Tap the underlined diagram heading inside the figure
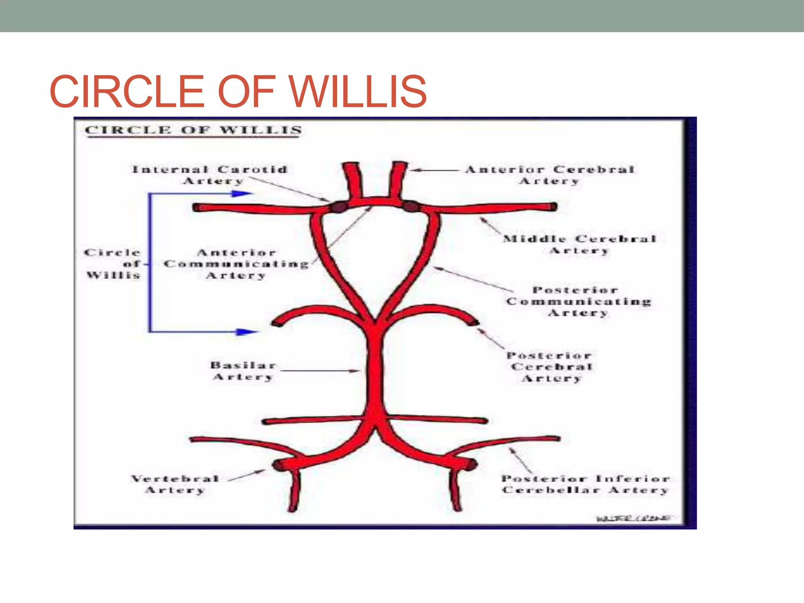(x=194, y=130)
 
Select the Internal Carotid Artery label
(x=210, y=175)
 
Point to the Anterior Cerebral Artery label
(x=550, y=175)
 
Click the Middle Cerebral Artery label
(x=579, y=244)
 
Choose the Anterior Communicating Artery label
(x=236, y=264)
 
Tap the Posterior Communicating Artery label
(x=578, y=301)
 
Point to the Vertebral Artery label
(x=175, y=484)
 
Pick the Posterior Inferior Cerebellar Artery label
(x=585, y=484)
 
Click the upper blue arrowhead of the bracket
(x=242, y=194)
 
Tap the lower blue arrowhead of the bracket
(x=247, y=332)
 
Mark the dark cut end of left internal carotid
(x=338, y=206)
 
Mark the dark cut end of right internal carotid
(x=411, y=206)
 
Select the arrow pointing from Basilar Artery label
(x=320, y=371)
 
